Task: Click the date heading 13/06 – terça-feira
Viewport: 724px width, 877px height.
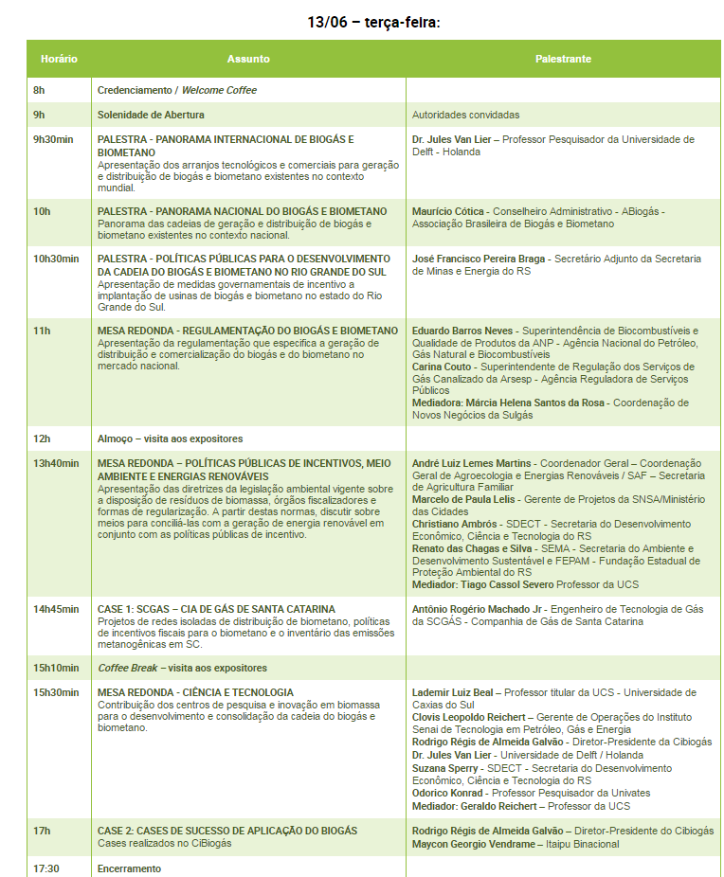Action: [373, 22]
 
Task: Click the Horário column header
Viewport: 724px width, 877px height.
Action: [59, 59]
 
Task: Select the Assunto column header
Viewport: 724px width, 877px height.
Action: [248, 59]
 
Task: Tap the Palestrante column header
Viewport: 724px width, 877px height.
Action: [563, 59]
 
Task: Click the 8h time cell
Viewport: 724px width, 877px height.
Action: [39, 90]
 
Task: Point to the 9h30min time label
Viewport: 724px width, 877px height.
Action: [53, 139]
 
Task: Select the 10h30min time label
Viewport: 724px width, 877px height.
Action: [56, 259]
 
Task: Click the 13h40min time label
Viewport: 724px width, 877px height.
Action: [56, 463]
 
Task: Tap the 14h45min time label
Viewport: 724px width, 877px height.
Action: [56, 609]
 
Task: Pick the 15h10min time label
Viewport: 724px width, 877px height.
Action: [56, 668]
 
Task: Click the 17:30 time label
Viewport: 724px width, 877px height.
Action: [46, 868]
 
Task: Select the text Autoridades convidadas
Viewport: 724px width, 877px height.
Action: [465, 115]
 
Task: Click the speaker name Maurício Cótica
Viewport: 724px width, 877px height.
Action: [448, 211]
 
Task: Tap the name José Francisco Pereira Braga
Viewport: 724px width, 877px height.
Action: [480, 259]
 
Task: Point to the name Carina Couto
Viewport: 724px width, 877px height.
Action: [442, 367]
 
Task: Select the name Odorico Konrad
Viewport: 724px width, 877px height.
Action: [447, 793]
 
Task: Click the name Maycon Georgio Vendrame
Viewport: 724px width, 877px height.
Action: [473, 844]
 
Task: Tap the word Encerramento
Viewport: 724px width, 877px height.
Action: [129, 868]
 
